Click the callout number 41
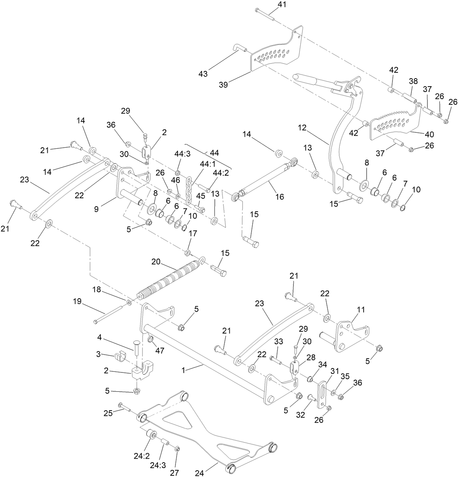(x=282, y=5)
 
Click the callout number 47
(x=160, y=351)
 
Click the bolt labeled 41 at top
(x=265, y=14)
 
